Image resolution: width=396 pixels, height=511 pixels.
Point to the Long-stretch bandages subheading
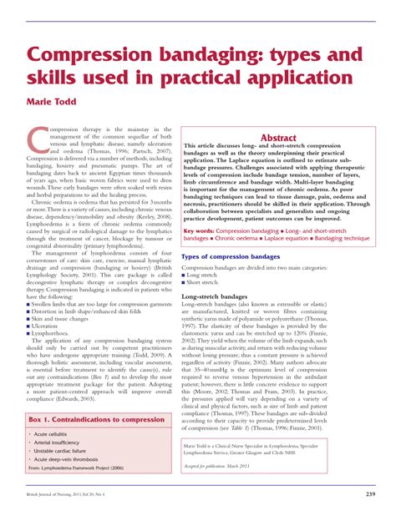click(x=224, y=296)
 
